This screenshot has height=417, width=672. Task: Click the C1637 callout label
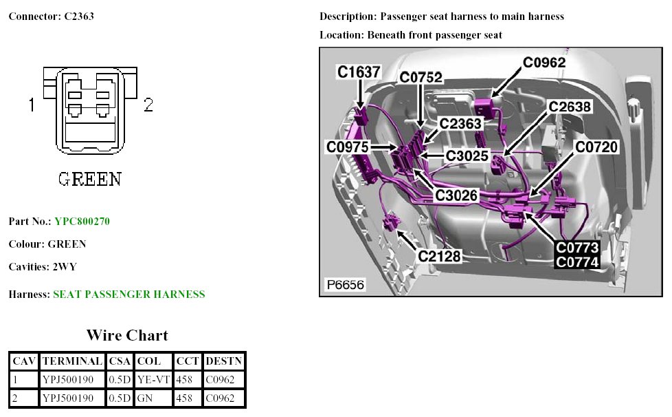click(359, 72)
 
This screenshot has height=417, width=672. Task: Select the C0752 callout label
click(421, 78)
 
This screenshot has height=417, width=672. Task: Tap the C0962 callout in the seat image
click(544, 63)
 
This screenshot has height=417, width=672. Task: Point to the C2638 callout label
click(570, 107)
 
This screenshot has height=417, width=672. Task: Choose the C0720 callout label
click(596, 147)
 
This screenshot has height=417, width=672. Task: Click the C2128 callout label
click(439, 256)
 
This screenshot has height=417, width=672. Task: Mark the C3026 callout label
click(456, 195)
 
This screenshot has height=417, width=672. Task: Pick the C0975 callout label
click(348, 147)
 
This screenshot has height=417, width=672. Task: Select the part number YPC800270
click(82, 222)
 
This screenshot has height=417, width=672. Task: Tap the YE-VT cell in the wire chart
click(153, 378)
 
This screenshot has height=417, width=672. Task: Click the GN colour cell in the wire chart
click(144, 398)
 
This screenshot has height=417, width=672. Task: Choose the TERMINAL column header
click(72, 360)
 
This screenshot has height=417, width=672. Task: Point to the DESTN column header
click(223, 360)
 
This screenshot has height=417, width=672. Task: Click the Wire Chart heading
click(127, 335)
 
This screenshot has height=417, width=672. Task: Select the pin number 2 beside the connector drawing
click(148, 105)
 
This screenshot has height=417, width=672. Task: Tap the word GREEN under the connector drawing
click(90, 180)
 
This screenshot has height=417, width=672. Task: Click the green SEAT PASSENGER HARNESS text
click(129, 295)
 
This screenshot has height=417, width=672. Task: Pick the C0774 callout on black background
click(578, 261)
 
